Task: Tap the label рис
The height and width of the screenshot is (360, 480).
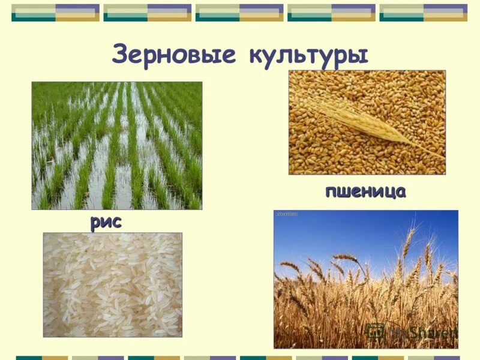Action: [x=106, y=223]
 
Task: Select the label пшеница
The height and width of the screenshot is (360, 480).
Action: [x=365, y=191]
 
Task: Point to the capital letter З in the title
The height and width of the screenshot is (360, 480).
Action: [x=121, y=55]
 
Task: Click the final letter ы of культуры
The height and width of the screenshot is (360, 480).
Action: [x=358, y=56]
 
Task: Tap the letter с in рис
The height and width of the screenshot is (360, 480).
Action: [x=116, y=223]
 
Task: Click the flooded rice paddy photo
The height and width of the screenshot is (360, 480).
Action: [x=117, y=146]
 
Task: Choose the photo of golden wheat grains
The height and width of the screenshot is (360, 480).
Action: [x=367, y=122]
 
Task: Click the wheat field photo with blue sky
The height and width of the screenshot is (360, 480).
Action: [x=365, y=279]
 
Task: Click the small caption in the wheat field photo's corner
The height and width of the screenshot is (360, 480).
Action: [x=286, y=214]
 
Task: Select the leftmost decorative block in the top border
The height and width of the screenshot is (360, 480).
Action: [x=56, y=13]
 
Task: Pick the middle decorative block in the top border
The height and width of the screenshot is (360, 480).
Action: [x=239, y=13]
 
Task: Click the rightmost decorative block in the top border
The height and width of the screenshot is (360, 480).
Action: [x=423, y=13]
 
